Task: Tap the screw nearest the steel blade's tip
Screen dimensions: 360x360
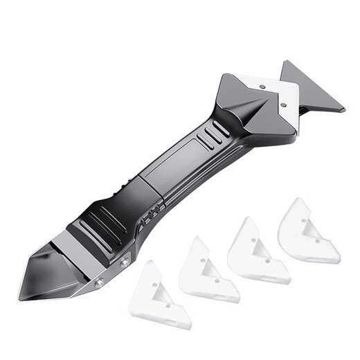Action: pos(99,282)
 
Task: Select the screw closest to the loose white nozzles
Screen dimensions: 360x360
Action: pos(125,261)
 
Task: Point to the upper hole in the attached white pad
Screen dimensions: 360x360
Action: pos(262,87)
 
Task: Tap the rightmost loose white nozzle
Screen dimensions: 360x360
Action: pos(305,232)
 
